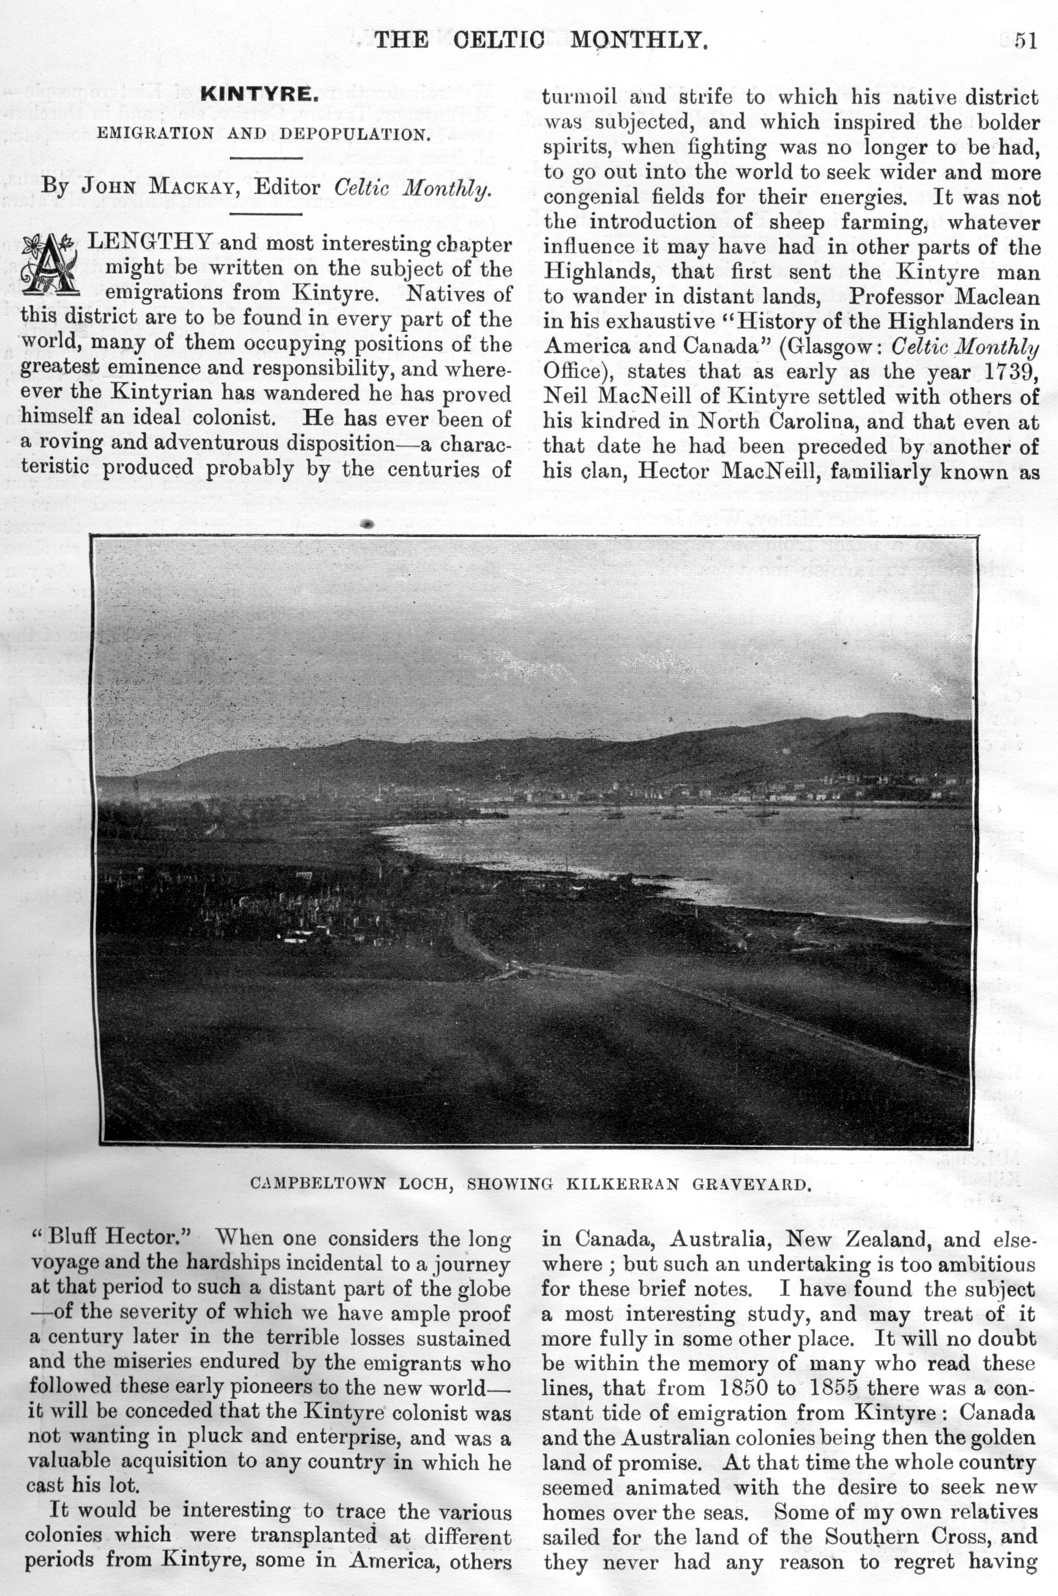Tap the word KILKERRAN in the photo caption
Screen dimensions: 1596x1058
[x=632, y=1184]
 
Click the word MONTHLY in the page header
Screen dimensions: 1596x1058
[x=639, y=40]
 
